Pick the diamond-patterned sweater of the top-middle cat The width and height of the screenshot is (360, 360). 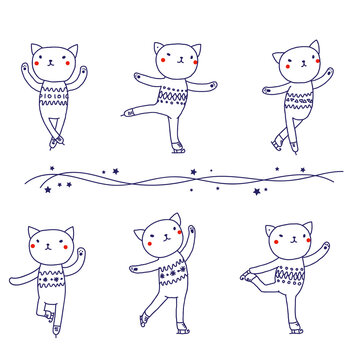coord(175,98)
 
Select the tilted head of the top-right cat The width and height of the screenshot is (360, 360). coord(298,62)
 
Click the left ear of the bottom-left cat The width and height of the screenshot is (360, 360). coord(33,233)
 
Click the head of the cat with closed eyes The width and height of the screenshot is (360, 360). coord(286,242)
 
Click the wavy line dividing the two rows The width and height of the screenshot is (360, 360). coord(180,179)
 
